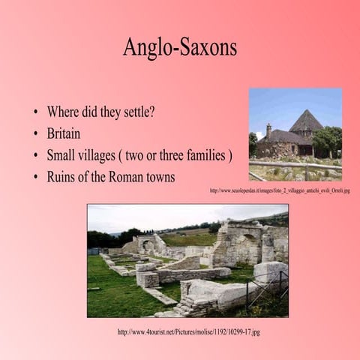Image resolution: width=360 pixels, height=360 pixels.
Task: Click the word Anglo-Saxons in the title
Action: tap(180, 47)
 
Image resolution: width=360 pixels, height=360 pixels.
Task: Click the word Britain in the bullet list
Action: tap(64, 135)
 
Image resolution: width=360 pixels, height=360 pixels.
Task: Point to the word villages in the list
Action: tap(105, 156)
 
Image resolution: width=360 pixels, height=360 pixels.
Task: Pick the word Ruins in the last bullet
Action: tap(62, 178)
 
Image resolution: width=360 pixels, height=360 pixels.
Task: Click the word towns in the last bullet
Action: tap(161, 178)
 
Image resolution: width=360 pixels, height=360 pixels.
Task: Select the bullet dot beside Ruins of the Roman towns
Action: tap(35, 178)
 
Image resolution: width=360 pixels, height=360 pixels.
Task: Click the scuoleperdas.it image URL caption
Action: tap(279, 190)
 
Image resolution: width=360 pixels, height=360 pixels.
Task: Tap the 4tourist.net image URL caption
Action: tap(188, 331)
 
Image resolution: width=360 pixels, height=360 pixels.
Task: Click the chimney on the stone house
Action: tap(268, 129)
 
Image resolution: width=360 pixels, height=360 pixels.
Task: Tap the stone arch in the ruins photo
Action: tap(148, 244)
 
